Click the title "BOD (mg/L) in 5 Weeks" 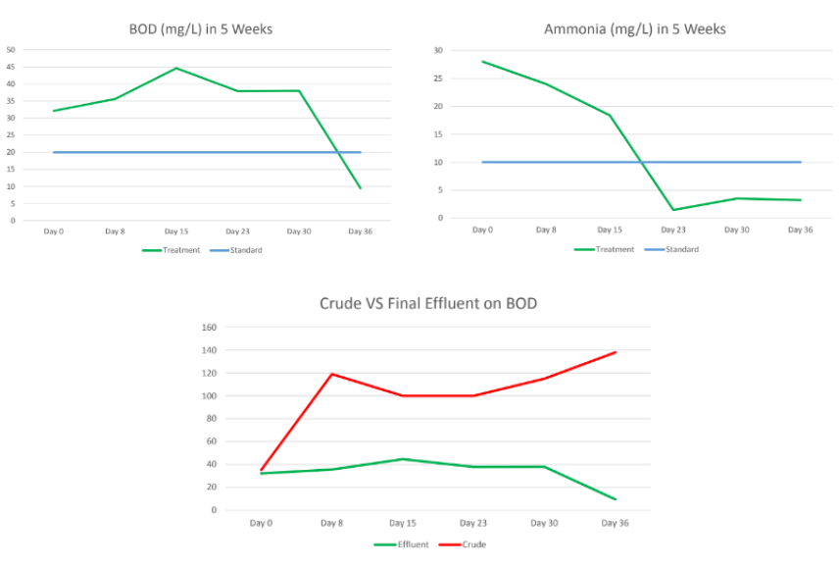[202, 28]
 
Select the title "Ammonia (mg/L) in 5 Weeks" [634, 28]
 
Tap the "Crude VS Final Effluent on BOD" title [428, 303]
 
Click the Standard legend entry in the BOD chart [240, 250]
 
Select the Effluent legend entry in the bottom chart [402, 544]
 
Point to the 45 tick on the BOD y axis [11, 67]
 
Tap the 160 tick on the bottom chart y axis [208, 328]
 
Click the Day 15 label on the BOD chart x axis [176, 232]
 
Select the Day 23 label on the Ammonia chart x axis [673, 230]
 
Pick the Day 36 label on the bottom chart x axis [615, 523]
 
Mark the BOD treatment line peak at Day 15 [176, 68]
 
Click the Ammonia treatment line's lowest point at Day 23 [673, 210]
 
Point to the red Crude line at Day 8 [331, 374]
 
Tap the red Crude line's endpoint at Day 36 [616, 352]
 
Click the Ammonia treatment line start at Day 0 [482, 61]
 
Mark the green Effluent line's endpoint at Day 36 [616, 499]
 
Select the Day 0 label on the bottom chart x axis [261, 523]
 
